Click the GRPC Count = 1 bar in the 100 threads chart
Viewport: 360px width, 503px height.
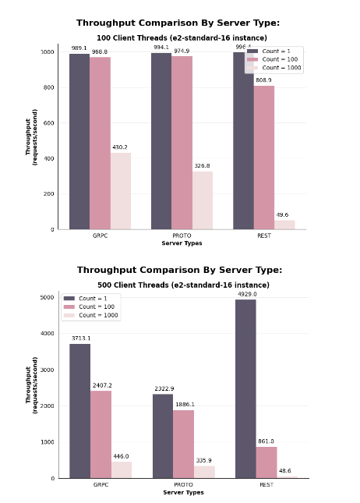click(x=79, y=141)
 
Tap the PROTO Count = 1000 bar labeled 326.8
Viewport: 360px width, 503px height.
click(x=203, y=200)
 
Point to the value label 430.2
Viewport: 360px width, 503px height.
click(x=119, y=147)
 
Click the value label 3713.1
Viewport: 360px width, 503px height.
click(x=79, y=338)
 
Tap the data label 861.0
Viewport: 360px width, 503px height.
click(x=266, y=441)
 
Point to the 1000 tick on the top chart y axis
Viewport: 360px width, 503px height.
click(x=48, y=52)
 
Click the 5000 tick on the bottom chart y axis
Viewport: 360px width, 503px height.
click(x=47, y=298)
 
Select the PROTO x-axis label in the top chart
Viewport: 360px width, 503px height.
click(x=182, y=236)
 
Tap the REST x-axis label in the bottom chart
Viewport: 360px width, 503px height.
click(x=266, y=485)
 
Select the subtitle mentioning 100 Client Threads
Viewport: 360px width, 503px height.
click(x=182, y=37)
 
